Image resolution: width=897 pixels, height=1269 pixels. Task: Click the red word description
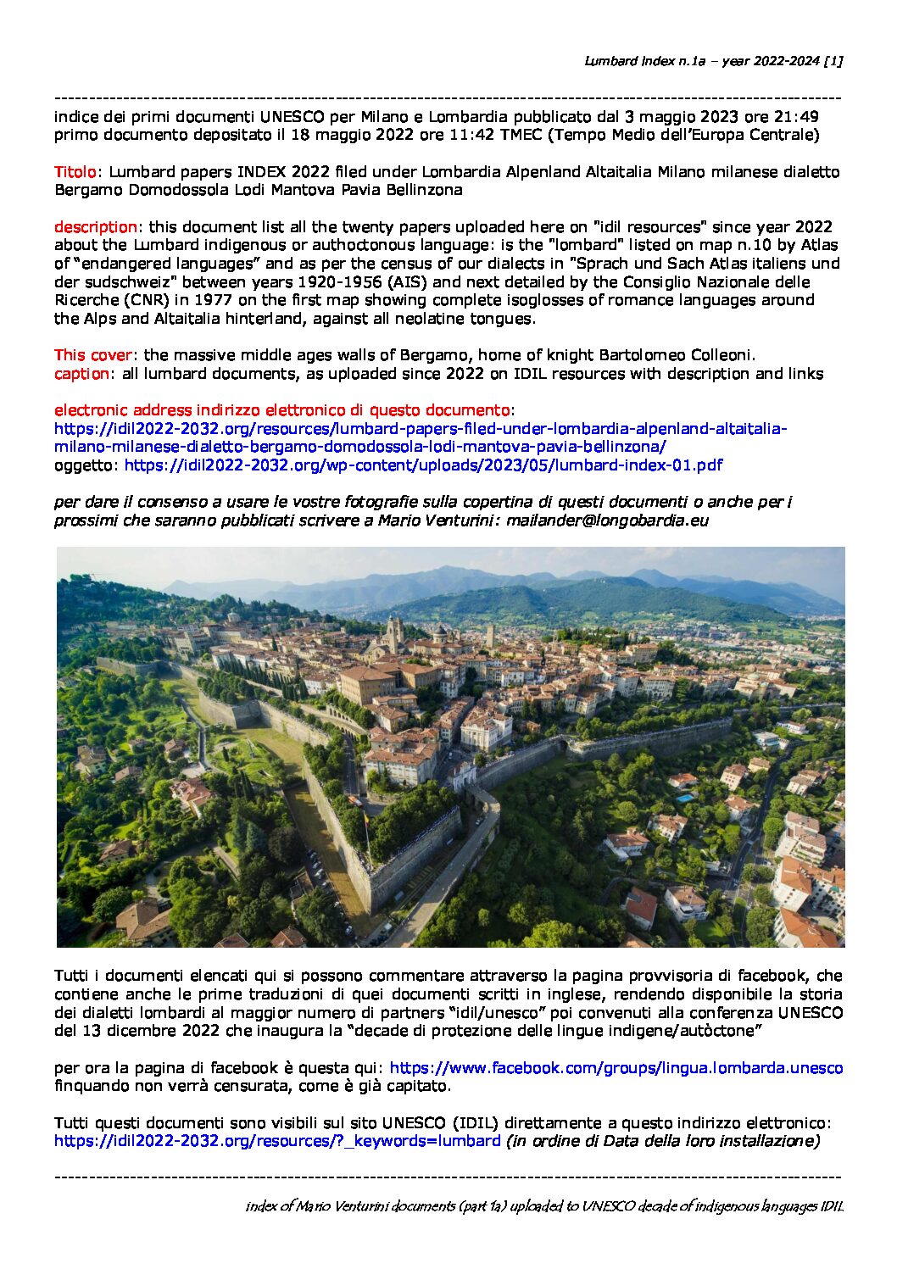coord(96,227)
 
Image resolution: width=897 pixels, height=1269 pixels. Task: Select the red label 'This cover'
coord(93,355)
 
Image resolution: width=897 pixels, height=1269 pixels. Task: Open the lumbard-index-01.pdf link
coord(423,465)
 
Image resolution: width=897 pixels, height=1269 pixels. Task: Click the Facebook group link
coord(616,1068)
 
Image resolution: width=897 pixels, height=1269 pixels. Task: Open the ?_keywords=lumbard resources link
coord(277,1141)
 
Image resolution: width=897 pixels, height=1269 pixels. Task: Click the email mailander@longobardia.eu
coord(607,520)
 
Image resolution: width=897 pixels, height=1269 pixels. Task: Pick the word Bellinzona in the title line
coord(424,190)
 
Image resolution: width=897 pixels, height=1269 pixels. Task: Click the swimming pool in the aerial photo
coord(684,798)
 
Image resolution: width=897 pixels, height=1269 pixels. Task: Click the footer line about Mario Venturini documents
coord(543,1206)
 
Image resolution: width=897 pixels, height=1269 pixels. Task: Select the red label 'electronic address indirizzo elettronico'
coord(281,410)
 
